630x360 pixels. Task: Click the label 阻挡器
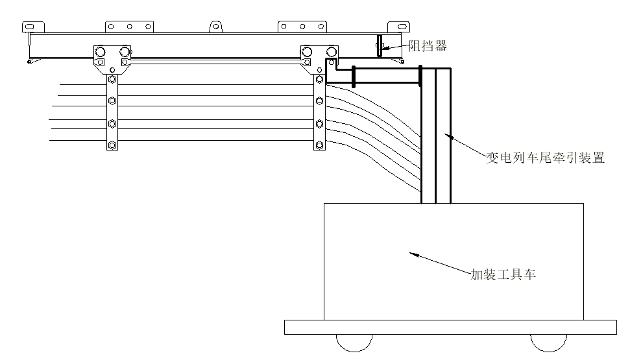tap(428, 45)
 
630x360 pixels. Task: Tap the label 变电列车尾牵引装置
tap(545, 158)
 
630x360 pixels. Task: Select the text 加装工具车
tap(503, 274)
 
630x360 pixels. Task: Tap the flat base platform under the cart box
tap(450, 327)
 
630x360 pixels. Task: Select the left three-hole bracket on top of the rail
tap(130, 27)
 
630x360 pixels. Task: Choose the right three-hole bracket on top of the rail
tap(302, 27)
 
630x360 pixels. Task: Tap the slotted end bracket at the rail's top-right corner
tap(399, 27)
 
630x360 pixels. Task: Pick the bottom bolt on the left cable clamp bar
tap(113, 145)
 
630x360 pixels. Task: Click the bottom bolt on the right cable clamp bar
tap(319, 145)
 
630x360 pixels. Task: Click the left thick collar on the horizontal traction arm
tap(354, 77)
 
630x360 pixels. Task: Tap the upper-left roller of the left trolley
tap(101, 51)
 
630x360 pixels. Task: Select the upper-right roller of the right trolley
tap(331, 51)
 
